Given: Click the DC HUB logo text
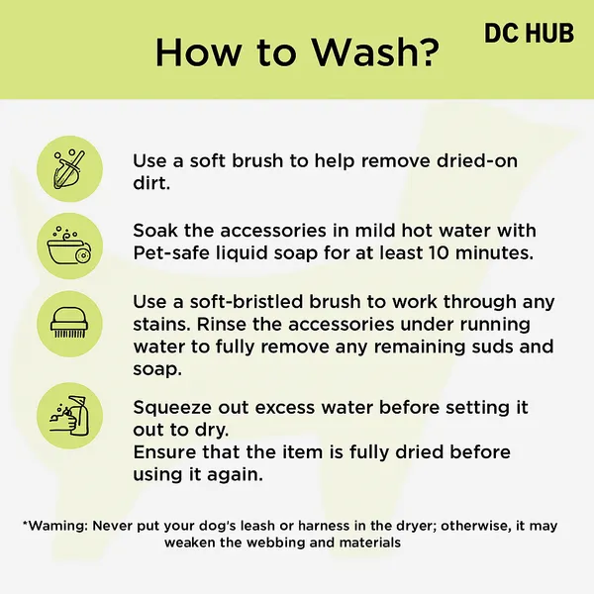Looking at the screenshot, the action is [530, 33].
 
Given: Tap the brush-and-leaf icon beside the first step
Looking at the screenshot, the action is [69, 169].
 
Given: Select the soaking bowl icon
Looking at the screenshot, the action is [69, 246].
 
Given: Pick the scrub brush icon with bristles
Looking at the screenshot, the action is [69, 324].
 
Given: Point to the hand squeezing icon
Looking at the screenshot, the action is [69, 416].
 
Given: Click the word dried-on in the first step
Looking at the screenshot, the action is [477, 160].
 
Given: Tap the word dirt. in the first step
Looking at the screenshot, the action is [151, 183].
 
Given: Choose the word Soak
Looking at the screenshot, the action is [155, 231].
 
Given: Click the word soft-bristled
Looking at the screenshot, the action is [247, 302].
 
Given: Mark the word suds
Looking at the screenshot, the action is [489, 346].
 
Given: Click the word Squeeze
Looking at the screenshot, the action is [172, 408].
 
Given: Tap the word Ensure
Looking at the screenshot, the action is [164, 452].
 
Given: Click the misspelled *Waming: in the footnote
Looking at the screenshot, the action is [55, 526].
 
